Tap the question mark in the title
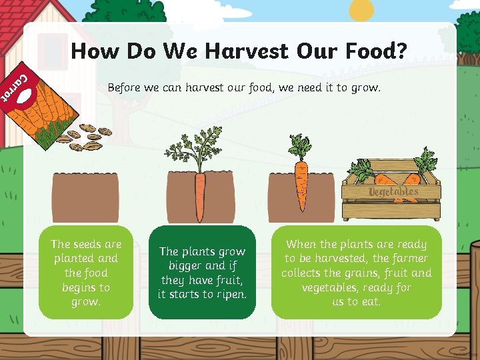click(400, 51)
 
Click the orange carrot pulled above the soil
click(301, 175)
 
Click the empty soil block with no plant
click(86, 197)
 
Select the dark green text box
click(202, 272)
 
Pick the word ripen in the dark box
click(231, 294)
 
